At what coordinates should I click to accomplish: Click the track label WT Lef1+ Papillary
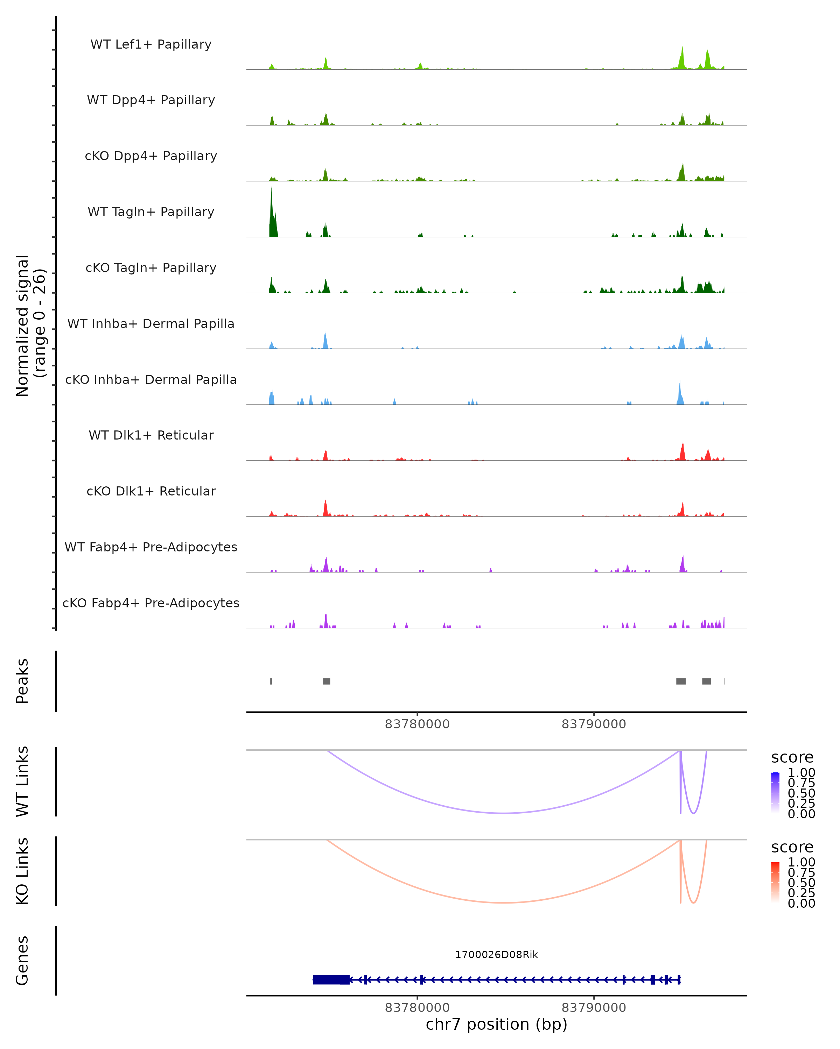pyautogui.click(x=151, y=44)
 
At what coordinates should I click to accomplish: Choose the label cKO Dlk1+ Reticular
pyautogui.click(x=151, y=491)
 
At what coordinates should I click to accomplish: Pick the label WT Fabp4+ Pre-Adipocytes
pyautogui.click(x=151, y=547)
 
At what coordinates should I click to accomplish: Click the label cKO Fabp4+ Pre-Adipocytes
pyautogui.click(x=151, y=603)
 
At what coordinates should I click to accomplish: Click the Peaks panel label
pyautogui.click(x=22, y=681)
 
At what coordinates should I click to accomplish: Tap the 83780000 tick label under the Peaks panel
pyautogui.click(x=417, y=724)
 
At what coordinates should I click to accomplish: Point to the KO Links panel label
pyautogui.click(x=22, y=871)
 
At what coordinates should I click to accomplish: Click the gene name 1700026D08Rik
pyautogui.click(x=496, y=954)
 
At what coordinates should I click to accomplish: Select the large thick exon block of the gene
pyautogui.click(x=331, y=979)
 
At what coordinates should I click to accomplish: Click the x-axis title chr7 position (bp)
pyautogui.click(x=496, y=1024)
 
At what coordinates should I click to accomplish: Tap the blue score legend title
pyautogui.click(x=792, y=757)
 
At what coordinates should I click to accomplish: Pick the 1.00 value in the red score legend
pyautogui.click(x=801, y=862)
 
